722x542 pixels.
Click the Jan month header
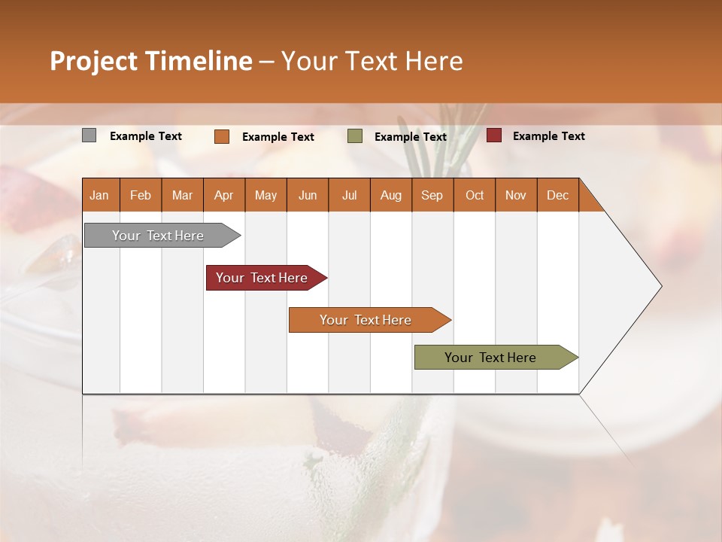[x=99, y=195]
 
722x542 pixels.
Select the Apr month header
[x=224, y=195]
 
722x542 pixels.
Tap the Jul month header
[x=349, y=195]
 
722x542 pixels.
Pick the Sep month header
[x=432, y=195]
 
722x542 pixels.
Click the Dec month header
[x=557, y=195]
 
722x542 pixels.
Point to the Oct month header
[x=475, y=195]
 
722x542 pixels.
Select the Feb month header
[x=141, y=195]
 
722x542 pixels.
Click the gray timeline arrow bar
[x=158, y=236]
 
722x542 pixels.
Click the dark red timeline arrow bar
[x=262, y=278]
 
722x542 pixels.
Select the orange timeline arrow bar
[x=366, y=320]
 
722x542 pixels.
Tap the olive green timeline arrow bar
[x=490, y=358]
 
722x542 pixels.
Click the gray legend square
[x=89, y=135]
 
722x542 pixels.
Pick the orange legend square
[x=222, y=136]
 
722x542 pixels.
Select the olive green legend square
[x=355, y=136]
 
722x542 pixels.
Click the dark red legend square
[x=494, y=135]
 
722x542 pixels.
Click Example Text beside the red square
[x=548, y=136]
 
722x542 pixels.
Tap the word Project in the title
[x=93, y=61]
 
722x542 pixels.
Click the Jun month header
[x=308, y=195]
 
